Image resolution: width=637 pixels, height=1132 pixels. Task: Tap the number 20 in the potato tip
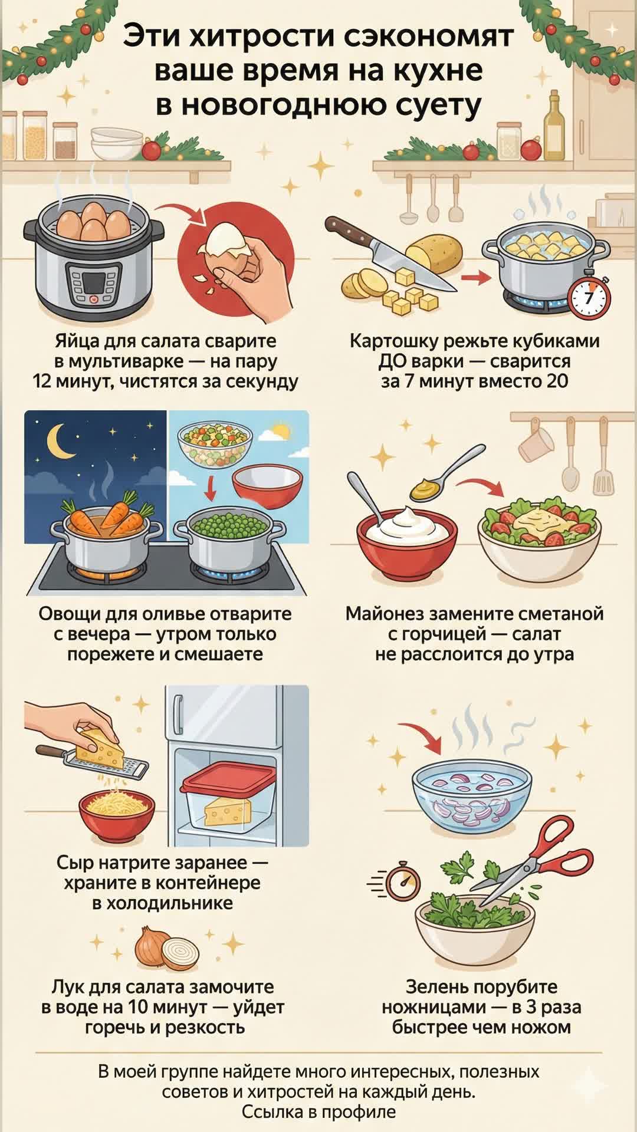click(x=557, y=381)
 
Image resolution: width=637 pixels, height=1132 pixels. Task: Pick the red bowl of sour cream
click(x=408, y=542)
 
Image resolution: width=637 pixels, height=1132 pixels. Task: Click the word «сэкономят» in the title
click(x=428, y=37)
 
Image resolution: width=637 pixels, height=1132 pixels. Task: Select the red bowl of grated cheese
click(x=117, y=817)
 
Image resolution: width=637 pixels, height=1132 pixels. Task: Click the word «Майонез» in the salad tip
click(x=384, y=614)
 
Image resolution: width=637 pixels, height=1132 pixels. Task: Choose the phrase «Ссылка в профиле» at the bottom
click(x=318, y=1112)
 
